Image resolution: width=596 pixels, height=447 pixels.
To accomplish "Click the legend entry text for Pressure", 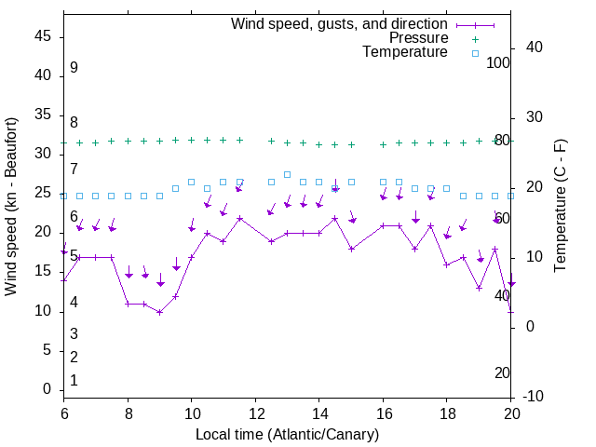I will click(x=418, y=38).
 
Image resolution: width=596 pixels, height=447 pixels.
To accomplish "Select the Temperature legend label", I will click(x=405, y=52).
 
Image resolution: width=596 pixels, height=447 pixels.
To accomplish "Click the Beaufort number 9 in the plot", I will click(x=74, y=68).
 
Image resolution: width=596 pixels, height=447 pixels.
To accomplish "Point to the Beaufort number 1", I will click(x=74, y=381).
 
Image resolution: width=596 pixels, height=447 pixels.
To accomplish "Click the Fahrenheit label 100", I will click(x=498, y=62).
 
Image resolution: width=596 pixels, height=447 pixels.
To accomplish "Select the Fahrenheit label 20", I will click(x=502, y=372).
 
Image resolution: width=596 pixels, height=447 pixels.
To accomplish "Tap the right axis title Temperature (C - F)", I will click(x=560, y=207).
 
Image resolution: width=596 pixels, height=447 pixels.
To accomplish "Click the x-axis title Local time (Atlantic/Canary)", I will click(x=287, y=434).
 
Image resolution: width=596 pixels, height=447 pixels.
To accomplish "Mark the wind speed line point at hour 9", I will click(x=160, y=312).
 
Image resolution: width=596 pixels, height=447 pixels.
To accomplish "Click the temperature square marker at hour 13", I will click(x=287, y=174).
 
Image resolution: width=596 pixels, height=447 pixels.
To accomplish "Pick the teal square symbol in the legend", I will click(x=474, y=53).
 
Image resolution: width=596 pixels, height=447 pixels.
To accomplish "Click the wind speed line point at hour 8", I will click(x=129, y=304).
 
